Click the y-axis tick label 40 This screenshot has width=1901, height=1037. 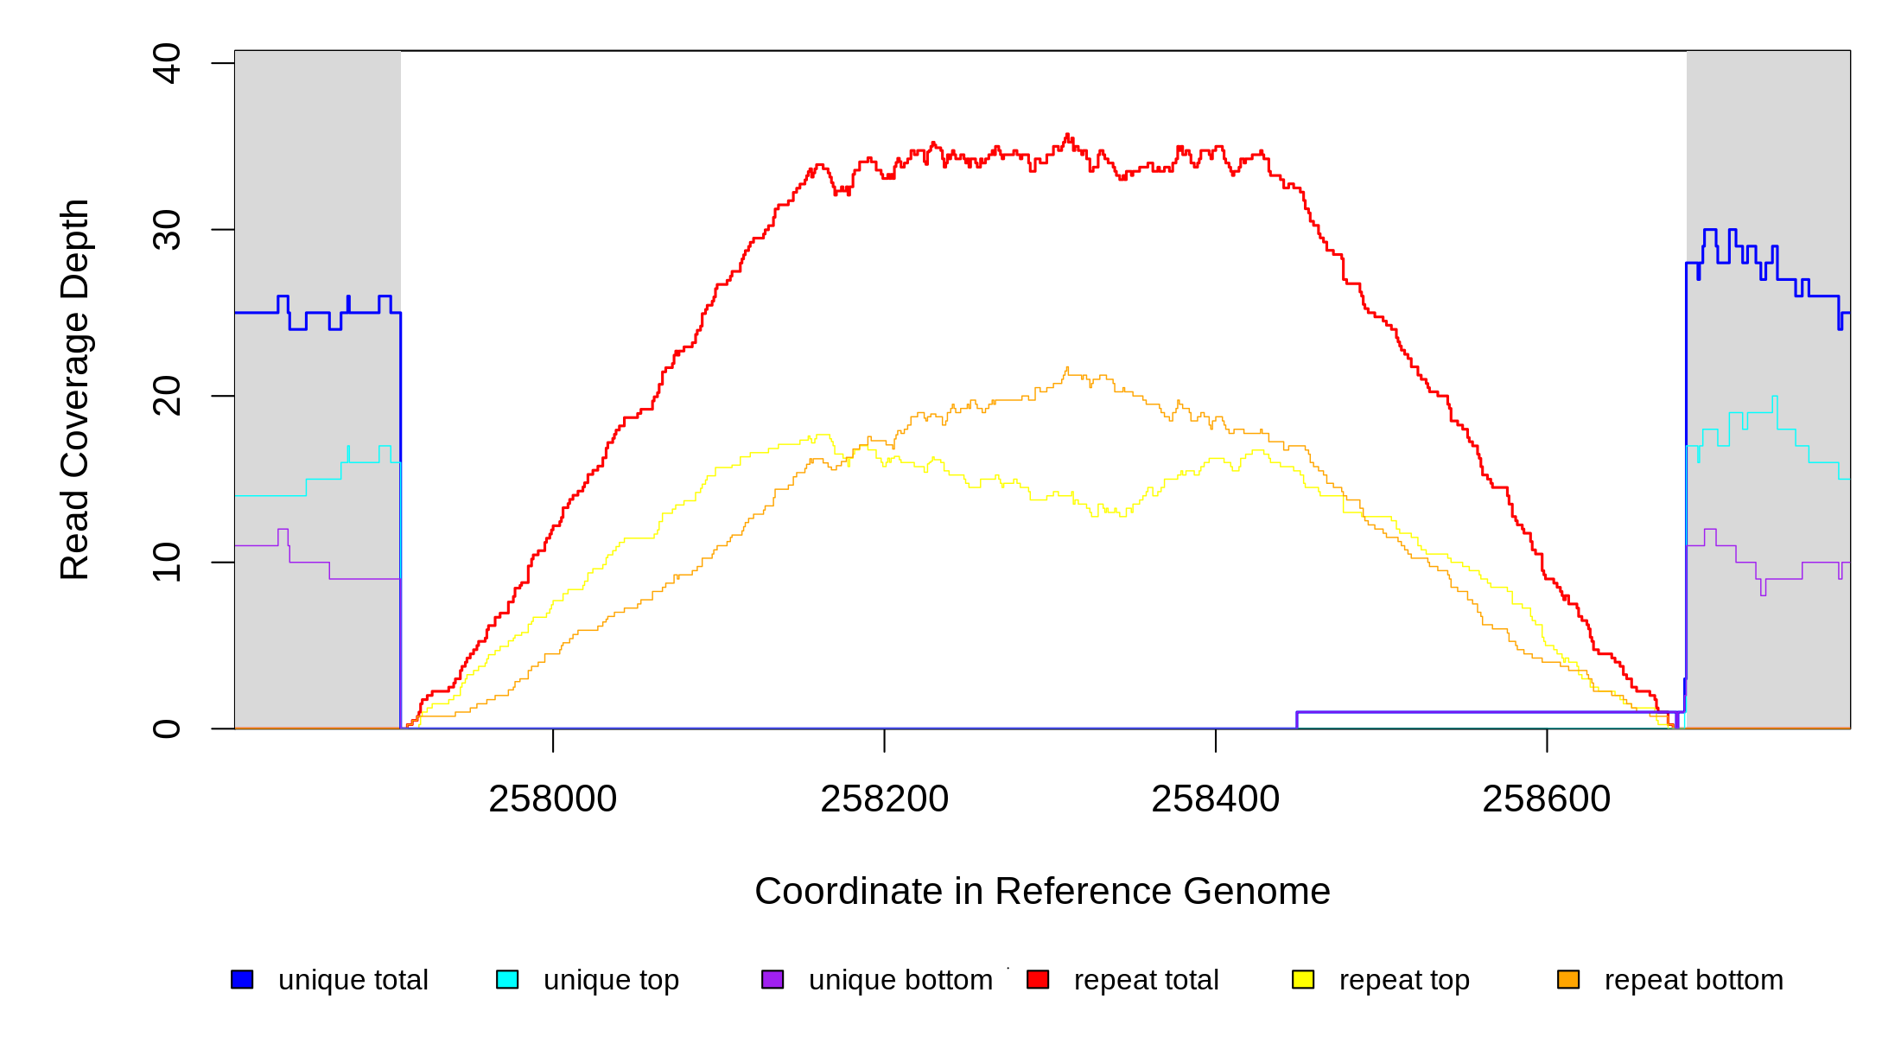[166, 63]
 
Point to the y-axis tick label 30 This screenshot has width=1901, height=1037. [166, 230]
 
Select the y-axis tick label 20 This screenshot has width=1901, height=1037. [166, 396]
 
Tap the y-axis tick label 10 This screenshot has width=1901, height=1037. [166, 563]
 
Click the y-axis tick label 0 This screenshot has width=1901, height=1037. [166, 728]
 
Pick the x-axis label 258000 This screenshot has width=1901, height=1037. [553, 798]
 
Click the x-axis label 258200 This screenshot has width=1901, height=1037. [884, 798]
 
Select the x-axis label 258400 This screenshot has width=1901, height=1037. [1215, 798]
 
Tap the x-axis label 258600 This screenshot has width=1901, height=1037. [1546, 798]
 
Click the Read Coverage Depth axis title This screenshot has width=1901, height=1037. [74, 389]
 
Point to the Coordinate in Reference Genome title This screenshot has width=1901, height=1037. [1042, 891]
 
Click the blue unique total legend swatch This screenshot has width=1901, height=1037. [242, 979]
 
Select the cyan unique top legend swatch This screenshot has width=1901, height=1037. [507, 979]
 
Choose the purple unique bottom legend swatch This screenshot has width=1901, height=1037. [772, 979]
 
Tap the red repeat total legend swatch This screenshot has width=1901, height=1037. [1038, 979]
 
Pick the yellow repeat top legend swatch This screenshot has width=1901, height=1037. [1303, 979]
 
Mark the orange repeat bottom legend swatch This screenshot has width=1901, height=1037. [1568, 979]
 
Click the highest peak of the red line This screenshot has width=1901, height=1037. [1068, 135]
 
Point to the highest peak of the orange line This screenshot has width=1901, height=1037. [1067, 368]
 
